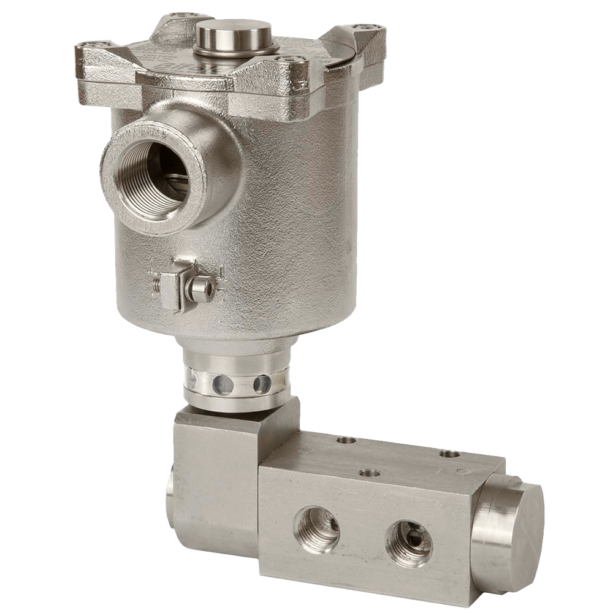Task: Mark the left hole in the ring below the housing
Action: click(221, 384)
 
